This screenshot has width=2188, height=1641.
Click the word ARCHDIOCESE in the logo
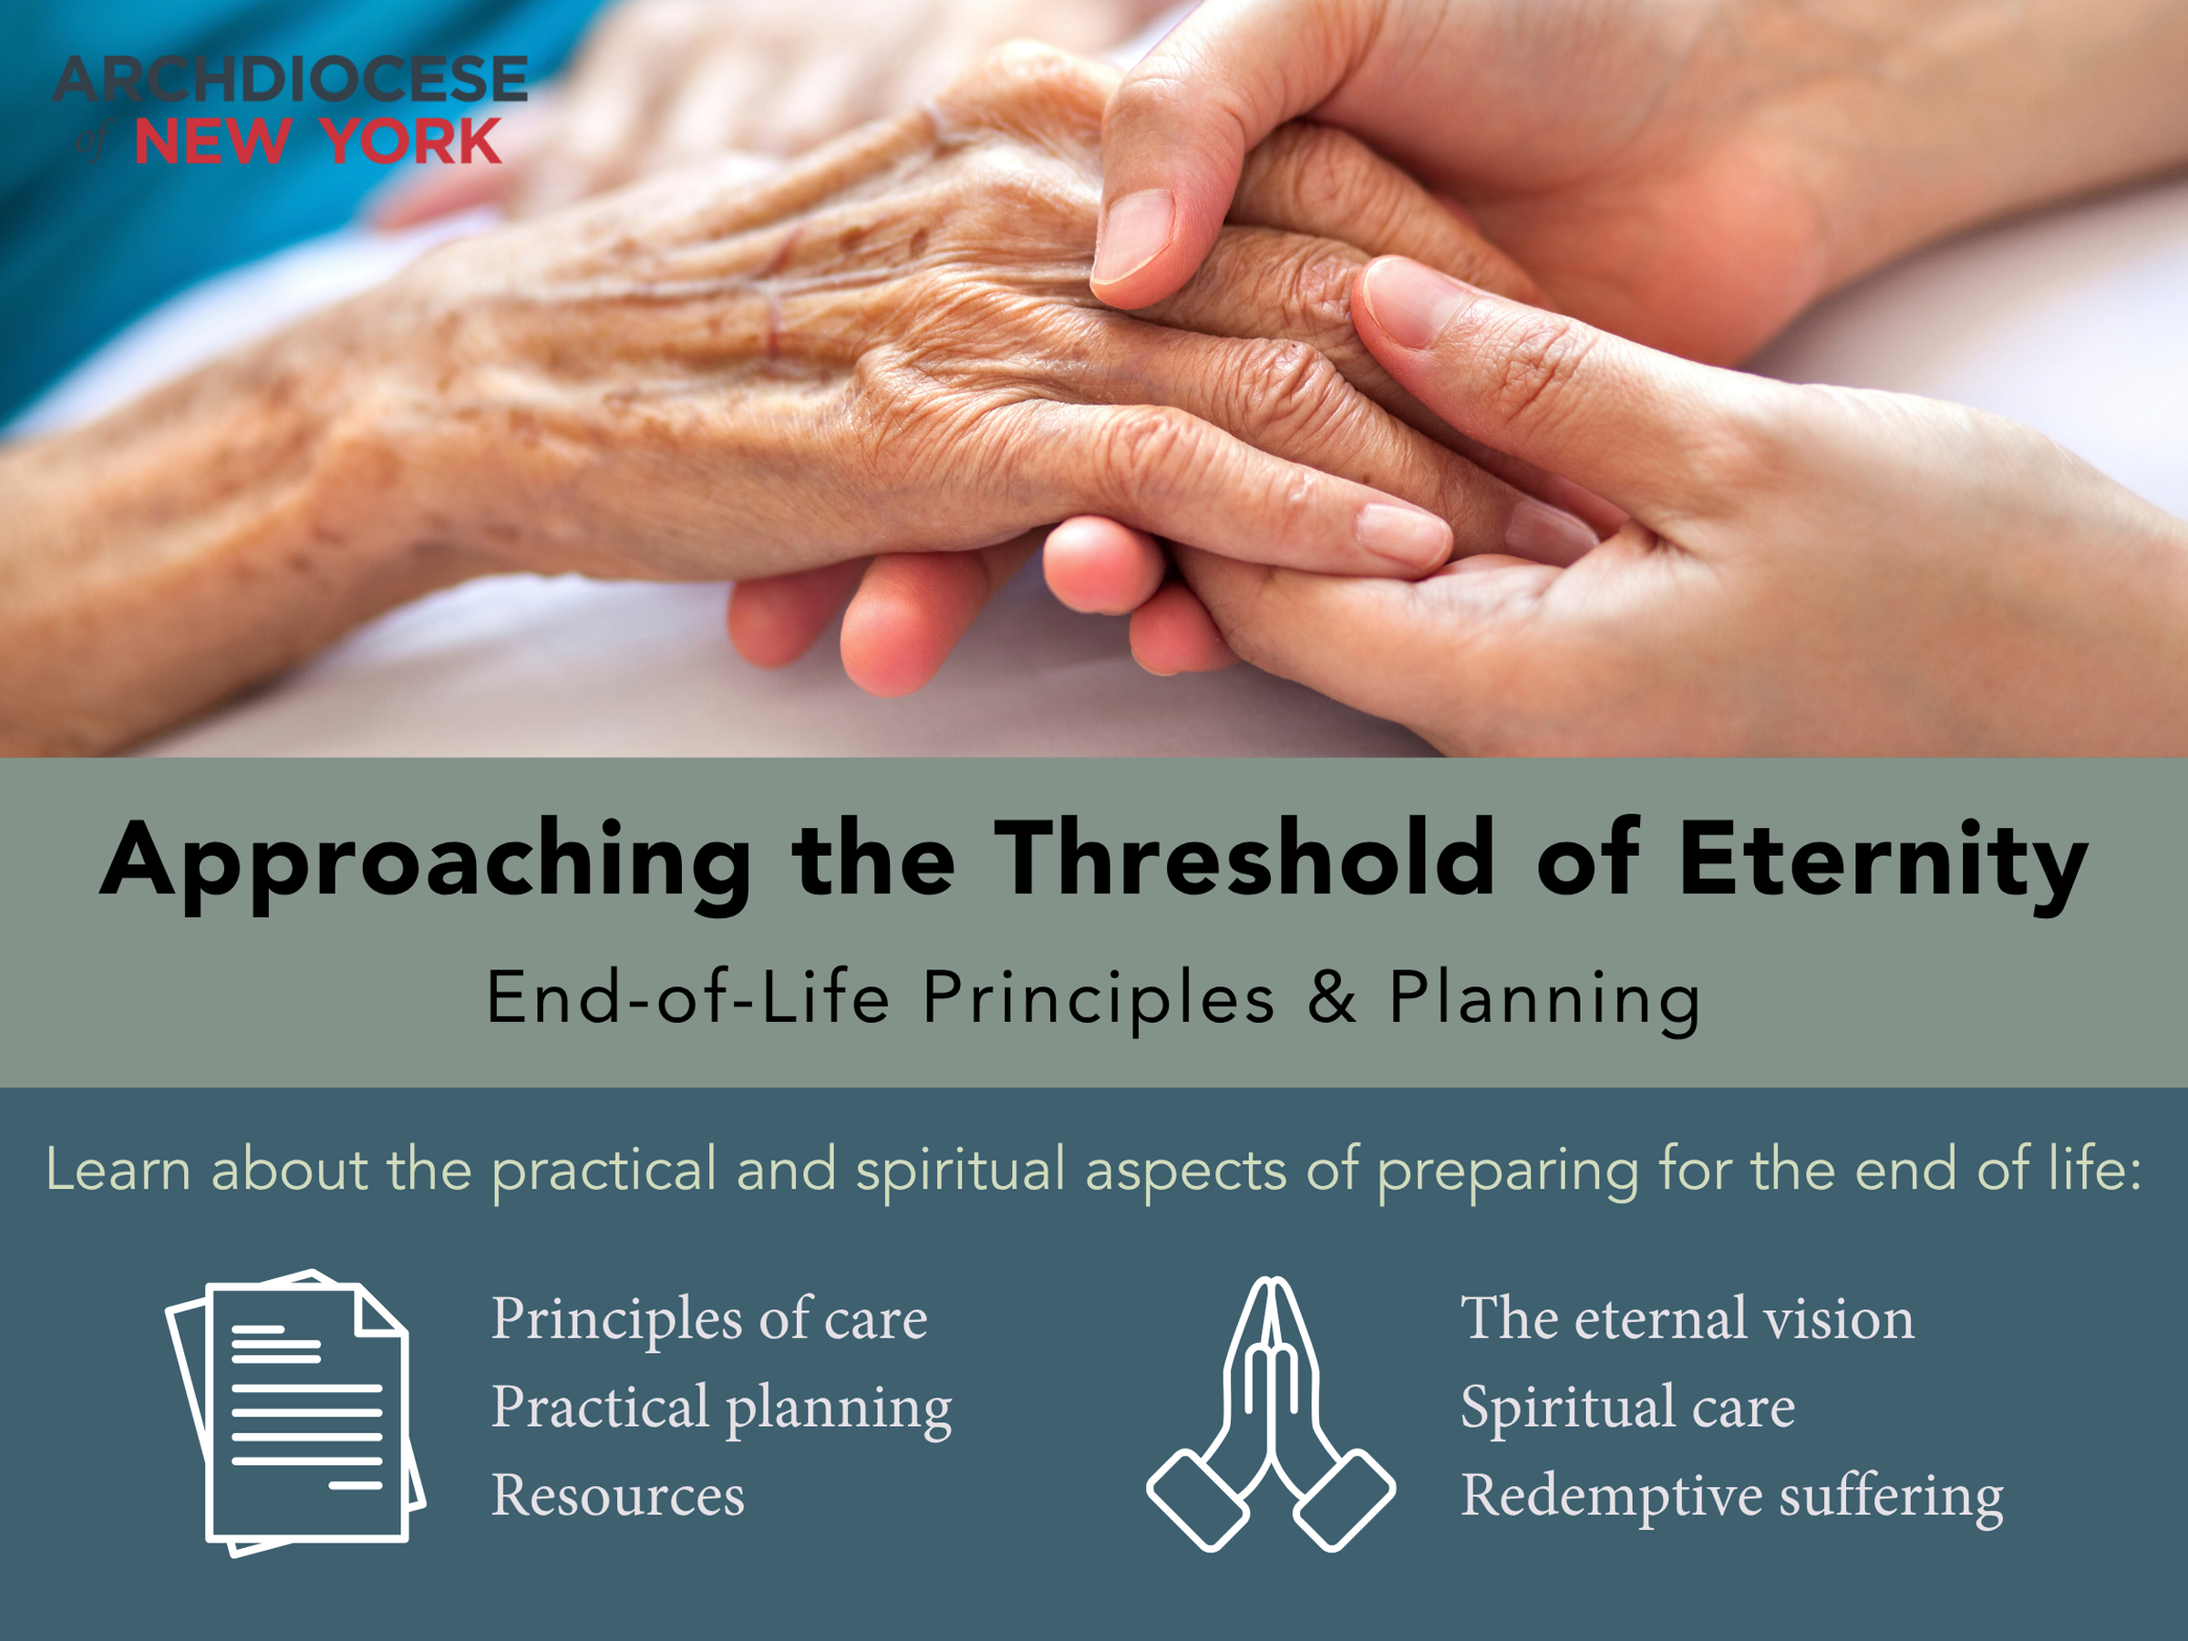[290, 79]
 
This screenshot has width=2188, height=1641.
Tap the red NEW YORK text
[317, 141]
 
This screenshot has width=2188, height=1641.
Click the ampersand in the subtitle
[1331, 997]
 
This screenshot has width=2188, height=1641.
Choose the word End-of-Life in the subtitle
[687, 997]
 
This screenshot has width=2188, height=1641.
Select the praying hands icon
[1271, 1415]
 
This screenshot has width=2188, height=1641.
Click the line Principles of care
[709, 1319]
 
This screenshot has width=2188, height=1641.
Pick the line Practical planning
[721, 1409]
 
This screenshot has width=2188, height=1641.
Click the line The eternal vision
[1687, 1319]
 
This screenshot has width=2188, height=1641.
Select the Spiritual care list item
[1627, 1407]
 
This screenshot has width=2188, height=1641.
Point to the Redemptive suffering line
[1732, 1496]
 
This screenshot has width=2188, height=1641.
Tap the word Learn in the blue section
[118, 1171]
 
